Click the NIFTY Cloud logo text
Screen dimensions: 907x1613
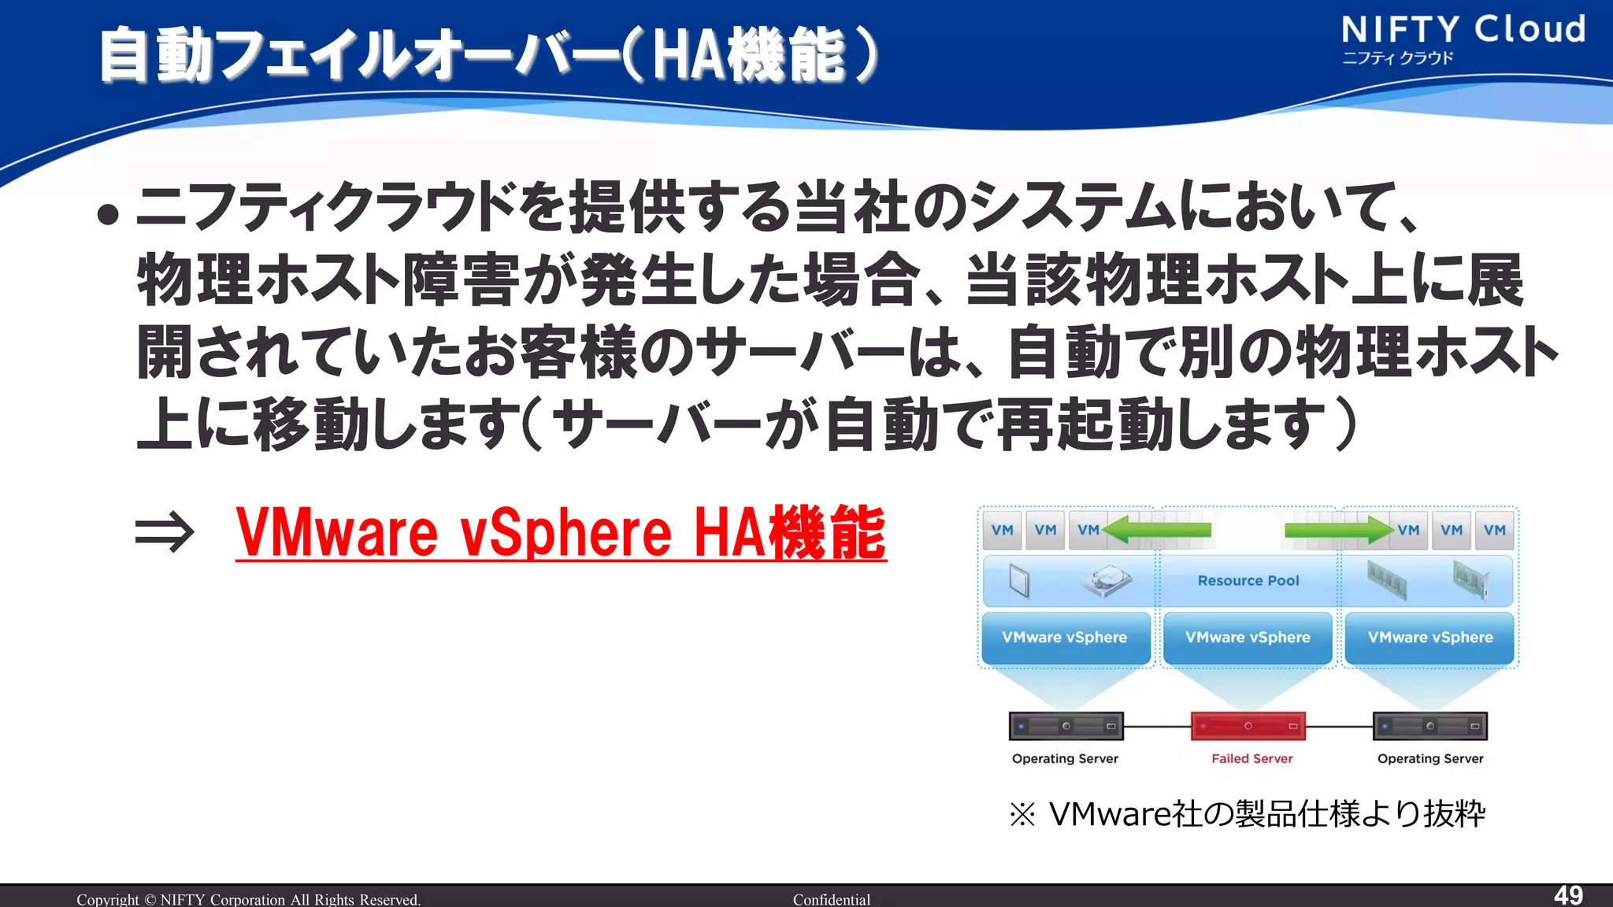(1463, 30)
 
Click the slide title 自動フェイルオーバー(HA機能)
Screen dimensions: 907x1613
(488, 55)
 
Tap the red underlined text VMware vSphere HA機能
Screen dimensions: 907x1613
(561, 533)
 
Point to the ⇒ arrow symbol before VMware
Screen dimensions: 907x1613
(164, 533)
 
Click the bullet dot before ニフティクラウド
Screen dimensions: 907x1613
(108, 214)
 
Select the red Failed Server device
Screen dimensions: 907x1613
(1248, 726)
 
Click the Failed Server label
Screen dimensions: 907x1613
(1251, 759)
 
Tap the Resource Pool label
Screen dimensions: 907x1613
(1248, 581)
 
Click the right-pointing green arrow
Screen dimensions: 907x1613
(1339, 530)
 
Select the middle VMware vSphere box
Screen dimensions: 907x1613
(1248, 638)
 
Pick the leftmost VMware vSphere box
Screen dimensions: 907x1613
(1065, 638)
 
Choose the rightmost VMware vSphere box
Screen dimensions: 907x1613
(1430, 638)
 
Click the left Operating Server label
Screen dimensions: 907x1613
(1065, 759)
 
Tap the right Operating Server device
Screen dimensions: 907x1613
(1430, 726)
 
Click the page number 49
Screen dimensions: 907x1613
(1568, 895)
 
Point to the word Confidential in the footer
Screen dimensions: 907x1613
(832, 899)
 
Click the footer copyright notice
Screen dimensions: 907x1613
(249, 899)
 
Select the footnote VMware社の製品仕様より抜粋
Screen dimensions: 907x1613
(1248, 814)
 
